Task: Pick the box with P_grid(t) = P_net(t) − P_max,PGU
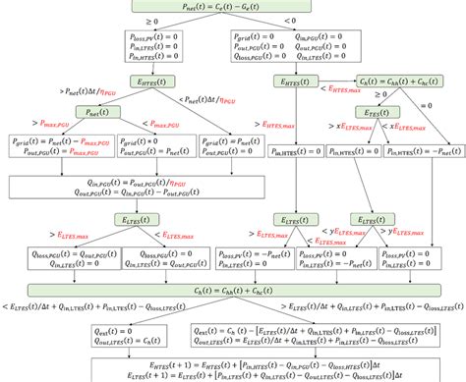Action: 61,146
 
